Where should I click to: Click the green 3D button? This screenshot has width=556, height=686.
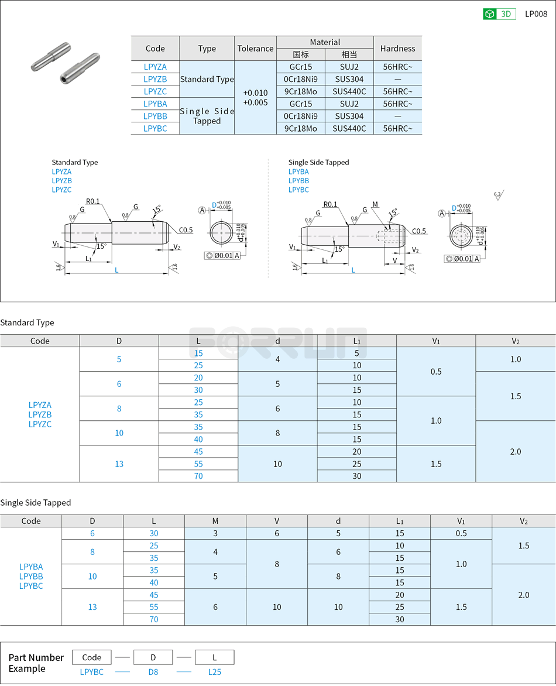[499, 14]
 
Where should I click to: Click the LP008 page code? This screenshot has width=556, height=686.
[536, 14]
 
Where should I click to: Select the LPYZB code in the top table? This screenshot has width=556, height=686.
[155, 79]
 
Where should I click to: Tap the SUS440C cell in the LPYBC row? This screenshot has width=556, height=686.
[349, 128]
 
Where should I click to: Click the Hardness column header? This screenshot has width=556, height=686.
[397, 49]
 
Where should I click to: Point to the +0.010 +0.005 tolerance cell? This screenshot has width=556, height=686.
[255, 98]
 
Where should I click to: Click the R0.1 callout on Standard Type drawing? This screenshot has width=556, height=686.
[92, 201]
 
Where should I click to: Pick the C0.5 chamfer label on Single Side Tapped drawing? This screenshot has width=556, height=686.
[419, 231]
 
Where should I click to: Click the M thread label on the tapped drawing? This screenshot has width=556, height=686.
[375, 204]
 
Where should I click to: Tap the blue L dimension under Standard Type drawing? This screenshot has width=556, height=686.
[116, 270]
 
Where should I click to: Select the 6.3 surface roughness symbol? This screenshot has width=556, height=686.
[498, 195]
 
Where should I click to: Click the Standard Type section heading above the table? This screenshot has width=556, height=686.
[27, 323]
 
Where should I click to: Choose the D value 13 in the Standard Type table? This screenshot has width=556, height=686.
[119, 464]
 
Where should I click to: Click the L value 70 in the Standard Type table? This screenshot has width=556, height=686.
[198, 476]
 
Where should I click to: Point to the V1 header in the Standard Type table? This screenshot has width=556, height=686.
[436, 341]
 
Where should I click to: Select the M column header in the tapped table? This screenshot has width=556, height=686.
[215, 521]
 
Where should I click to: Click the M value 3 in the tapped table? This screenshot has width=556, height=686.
[215, 533]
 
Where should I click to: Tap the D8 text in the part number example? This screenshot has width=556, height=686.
[153, 672]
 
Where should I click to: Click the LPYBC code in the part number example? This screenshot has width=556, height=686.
[92, 672]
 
